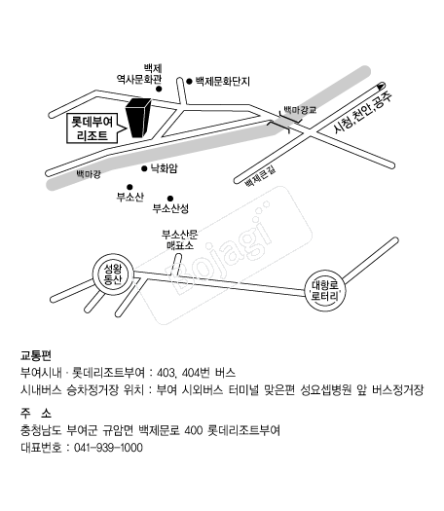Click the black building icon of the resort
[138, 118]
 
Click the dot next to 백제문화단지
[189, 81]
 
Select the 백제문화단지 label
[223, 81]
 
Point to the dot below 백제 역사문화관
[159, 89]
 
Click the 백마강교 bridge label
[300, 109]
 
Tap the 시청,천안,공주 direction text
[362, 113]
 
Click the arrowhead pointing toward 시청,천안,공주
[381, 86]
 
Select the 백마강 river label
[89, 174]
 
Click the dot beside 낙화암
[144, 168]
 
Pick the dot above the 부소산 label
[129, 187]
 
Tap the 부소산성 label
[170, 208]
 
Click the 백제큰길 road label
[261, 176]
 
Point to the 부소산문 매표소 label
[179, 239]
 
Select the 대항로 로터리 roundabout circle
[325, 290]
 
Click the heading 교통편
[36, 355]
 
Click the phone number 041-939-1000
[108, 448]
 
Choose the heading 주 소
[36, 414]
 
